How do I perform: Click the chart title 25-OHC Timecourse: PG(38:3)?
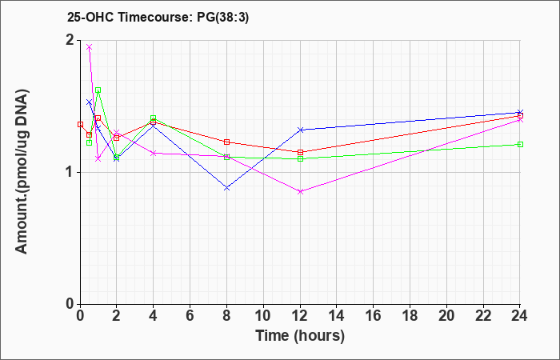(x=158, y=17)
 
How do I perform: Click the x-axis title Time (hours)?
(x=300, y=336)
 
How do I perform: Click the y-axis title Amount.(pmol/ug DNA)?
(x=22, y=171)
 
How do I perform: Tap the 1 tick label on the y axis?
(x=70, y=173)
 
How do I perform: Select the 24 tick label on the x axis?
(x=520, y=316)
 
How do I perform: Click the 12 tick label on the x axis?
(x=300, y=316)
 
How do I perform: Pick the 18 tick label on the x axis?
(x=410, y=316)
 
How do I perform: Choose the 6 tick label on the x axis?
(x=190, y=316)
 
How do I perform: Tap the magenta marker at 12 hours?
(x=300, y=191)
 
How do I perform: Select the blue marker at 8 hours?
(x=226, y=187)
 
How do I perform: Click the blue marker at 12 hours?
(x=300, y=130)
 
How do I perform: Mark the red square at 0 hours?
(x=80, y=124)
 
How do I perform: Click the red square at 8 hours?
(x=226, y=142)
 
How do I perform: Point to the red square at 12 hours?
(x=300, y=152)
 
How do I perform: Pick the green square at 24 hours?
(x=520, y=144)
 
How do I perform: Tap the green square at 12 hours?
(x=300, y=158)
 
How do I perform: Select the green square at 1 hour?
(x=98, y=90)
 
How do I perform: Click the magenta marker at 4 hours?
(x=154, y=153)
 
